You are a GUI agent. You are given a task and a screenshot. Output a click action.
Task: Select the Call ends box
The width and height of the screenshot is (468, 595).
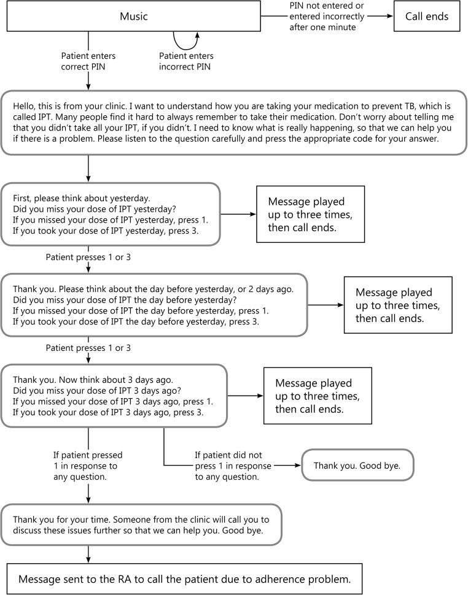tap(426, 17)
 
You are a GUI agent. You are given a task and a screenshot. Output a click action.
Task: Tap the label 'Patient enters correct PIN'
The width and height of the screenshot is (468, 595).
tap(88, 61)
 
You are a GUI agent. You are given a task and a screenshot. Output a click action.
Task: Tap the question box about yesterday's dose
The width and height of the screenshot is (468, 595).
tap(111, 215)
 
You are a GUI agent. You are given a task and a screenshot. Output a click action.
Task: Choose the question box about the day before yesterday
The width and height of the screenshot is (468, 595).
tap(154, 305)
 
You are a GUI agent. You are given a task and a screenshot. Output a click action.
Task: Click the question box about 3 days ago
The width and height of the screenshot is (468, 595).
tap(114, 396)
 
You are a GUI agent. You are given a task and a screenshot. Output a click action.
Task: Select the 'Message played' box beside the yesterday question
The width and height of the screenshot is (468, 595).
tap(310, 215)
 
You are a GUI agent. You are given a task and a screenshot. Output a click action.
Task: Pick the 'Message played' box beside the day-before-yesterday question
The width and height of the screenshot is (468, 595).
tap(397, 305)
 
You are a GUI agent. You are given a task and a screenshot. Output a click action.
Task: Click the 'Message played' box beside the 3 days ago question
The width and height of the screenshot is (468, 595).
tap(317, 396)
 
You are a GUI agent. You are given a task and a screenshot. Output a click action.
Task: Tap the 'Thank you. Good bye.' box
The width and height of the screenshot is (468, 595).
tap(357, 466)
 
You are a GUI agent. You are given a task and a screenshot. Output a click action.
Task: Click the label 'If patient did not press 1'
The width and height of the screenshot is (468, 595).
tap(232, 466)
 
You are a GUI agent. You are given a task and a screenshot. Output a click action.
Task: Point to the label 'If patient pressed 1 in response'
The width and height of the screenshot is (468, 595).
tap(88, 466)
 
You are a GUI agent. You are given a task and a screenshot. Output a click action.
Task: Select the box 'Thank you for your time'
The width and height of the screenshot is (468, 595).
tap(141, 524)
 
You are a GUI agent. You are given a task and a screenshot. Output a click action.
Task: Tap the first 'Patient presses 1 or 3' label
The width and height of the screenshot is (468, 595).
tap(88, 257)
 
